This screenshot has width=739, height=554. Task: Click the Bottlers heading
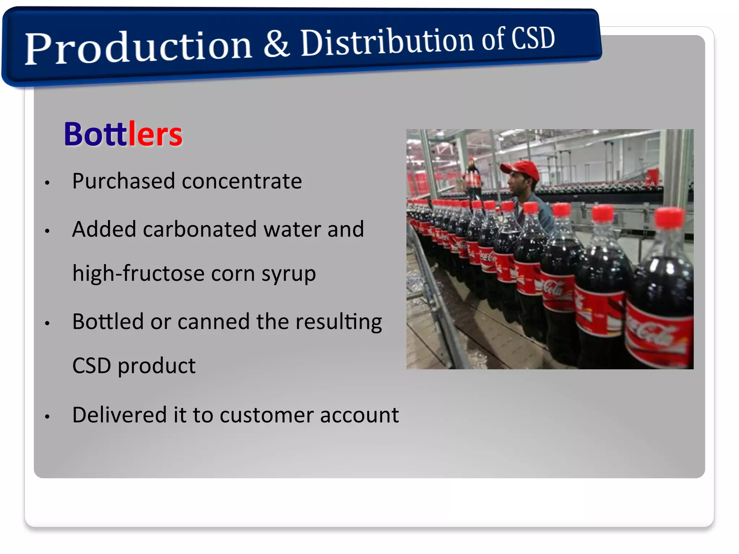pyautogui.click(x=123, y=134)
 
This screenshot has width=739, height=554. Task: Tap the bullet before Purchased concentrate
pyautogui.click(x=47, y=183)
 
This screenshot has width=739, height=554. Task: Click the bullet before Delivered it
pyautogui.click(x=47, y=417)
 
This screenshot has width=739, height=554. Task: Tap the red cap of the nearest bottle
pyautogui.click(x=669, y=218)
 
